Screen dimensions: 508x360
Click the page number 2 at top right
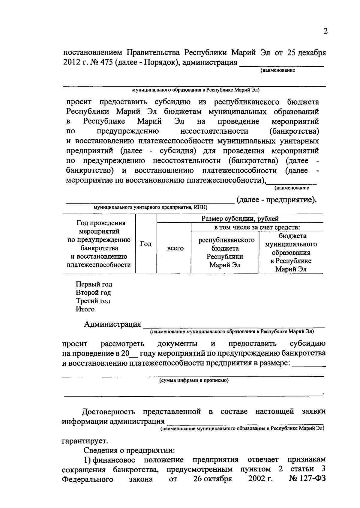coord(326,31)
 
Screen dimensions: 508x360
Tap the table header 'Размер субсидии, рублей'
coord(240,218)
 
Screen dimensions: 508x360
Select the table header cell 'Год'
coord(146,244)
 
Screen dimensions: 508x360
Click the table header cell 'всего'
coord(175,248)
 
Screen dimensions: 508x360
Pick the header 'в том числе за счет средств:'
coord(257,227)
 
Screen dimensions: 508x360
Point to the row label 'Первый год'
coord(94,284)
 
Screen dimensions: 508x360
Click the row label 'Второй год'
coord(93,293)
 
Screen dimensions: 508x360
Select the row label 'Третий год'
coord(93,301)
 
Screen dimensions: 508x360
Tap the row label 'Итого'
coord(85,309)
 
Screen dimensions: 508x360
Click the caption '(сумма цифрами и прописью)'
coord(194,380)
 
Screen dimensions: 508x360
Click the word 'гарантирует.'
coord(85,441)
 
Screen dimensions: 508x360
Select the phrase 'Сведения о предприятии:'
coord(129,450)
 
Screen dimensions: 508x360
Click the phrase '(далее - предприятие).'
coord(276,200)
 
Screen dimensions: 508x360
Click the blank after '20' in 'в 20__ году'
coord(133,353)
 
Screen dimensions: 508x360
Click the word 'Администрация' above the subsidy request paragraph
coord(112,324)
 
